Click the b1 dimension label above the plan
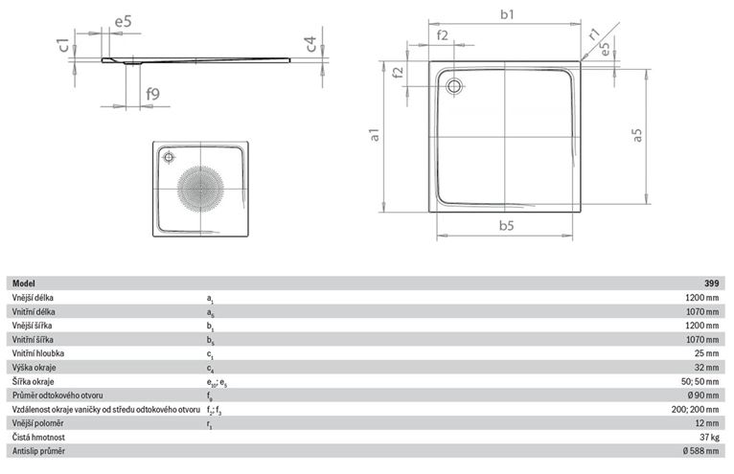tap(507, 14)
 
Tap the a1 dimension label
tap(374, 135)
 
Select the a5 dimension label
tap(636, 135)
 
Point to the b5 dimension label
tap(507, 226)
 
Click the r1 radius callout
tap(594, 34)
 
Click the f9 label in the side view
tap(152, 94)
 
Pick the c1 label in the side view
tap(62, 45)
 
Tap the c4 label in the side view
tap(310, 44)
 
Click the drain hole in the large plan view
tap(453, 86)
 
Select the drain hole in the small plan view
tap(169, 157)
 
